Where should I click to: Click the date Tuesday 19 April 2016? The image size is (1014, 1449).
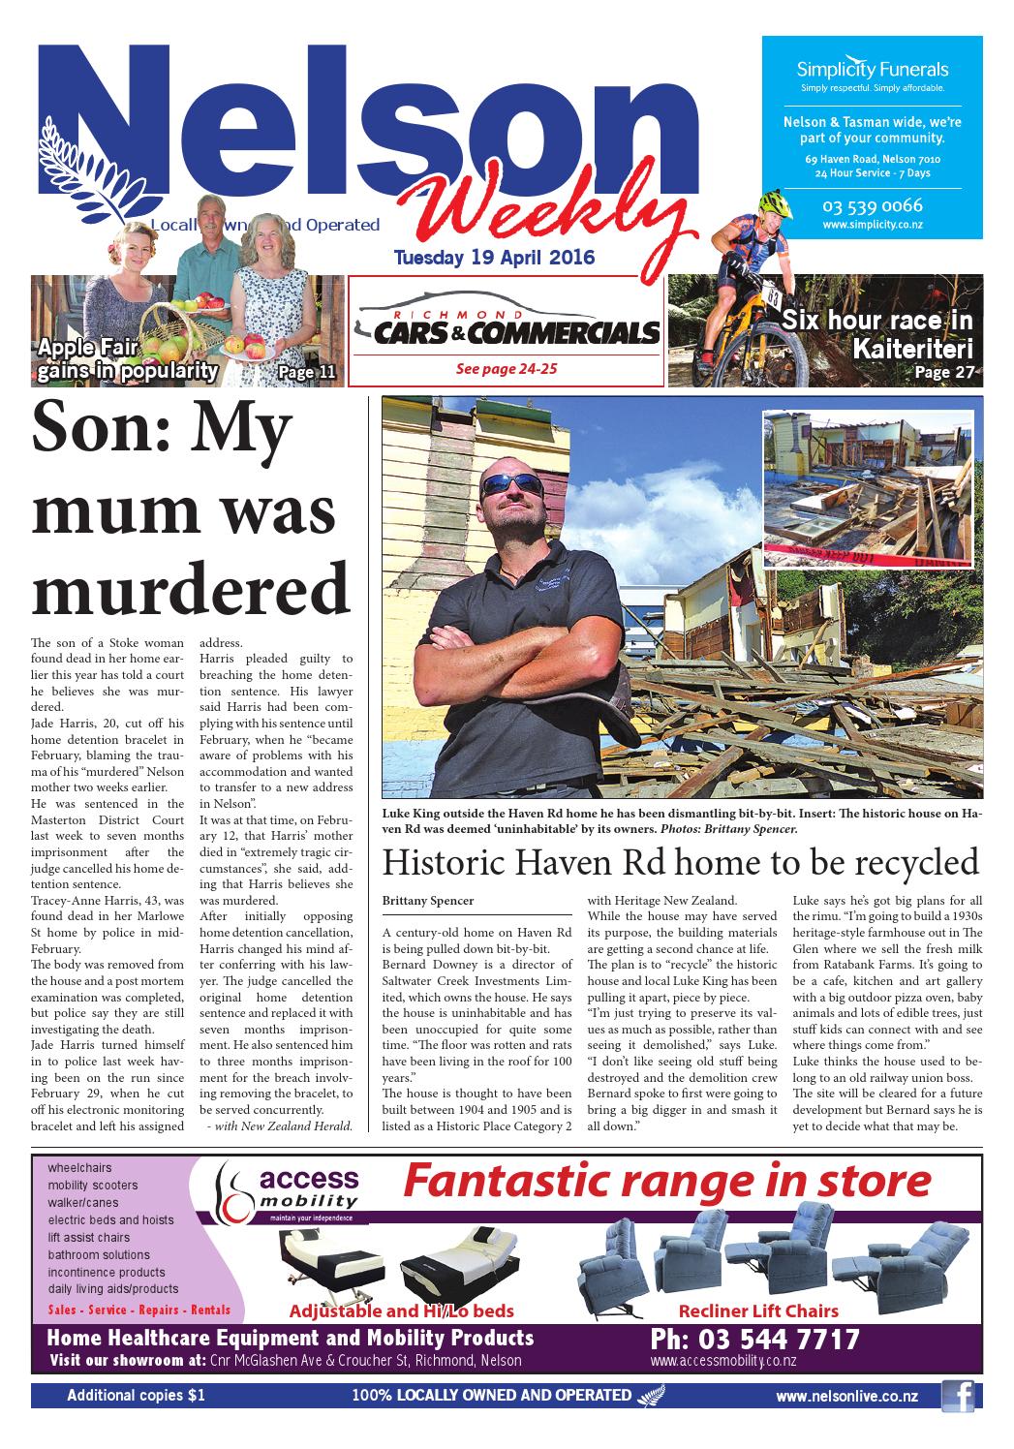(x=493, y=259)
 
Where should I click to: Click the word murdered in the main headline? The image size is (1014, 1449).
(x=190, y=589)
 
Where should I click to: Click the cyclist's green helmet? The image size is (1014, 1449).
(x=775, y=201)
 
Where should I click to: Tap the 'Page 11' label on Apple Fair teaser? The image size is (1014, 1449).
(x=306, y=373)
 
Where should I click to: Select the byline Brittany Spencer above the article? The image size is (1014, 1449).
(x=428, y=901)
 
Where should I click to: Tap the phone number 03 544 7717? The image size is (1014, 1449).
(x=755, y=1340)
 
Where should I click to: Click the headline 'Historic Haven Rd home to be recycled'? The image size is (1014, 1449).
(x=681, y=861)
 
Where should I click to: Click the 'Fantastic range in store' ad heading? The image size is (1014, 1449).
(x=666, y=1182)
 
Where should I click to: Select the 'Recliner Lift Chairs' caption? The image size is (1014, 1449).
(x=758, y=1311)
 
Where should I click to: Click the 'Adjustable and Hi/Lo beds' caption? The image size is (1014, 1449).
(x=401, y=1311)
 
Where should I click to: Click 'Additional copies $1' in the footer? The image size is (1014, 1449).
(x=136, y=1397)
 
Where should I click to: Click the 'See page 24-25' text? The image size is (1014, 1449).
(x=507, y=369)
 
